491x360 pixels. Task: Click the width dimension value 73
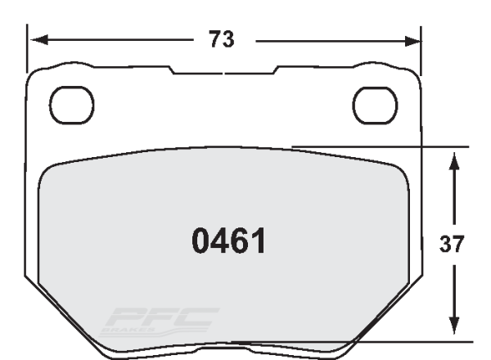[223, 39]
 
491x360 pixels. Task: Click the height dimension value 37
[452, 244]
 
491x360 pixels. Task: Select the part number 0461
[228, 241]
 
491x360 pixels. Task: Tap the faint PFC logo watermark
[160, 318]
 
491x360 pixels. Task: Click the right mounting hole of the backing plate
[374, 102]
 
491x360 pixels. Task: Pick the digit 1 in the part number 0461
[257, 241]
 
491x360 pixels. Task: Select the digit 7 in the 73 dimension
[214, 39]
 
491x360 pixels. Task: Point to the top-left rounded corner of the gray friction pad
[51, 168]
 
